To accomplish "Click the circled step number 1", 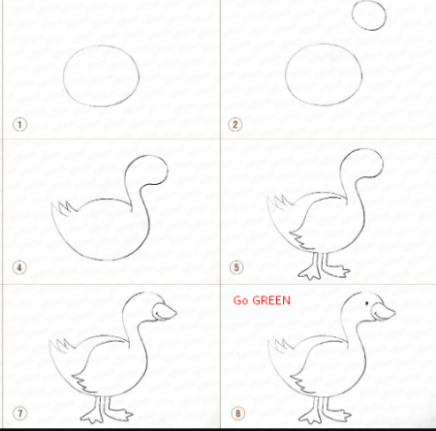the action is point(19,125).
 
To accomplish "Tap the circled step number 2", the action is point(234,125).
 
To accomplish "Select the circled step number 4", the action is point(19,267).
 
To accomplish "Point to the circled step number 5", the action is point(236,267).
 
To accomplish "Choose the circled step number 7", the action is point(19,414).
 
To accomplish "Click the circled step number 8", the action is point(238,414).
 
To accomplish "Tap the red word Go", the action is point(240,300).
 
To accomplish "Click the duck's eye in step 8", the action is point(367,303).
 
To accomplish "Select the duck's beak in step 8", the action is point(384,312).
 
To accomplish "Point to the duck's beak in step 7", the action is point(165,312).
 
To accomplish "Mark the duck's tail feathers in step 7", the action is point(63,345).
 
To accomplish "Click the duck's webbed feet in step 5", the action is point(323,270).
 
